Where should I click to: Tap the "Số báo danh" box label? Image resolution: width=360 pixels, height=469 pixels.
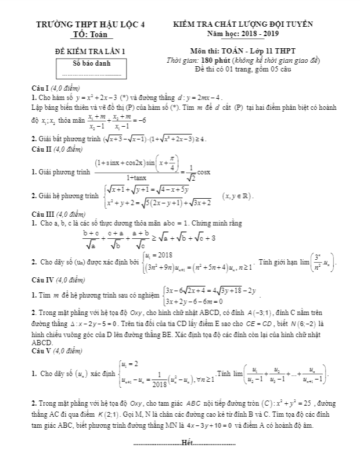(x=91, y=63)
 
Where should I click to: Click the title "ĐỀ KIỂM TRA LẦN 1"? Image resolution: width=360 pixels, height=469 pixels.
(x=89, y=52)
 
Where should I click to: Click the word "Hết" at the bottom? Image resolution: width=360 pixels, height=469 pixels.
(x=186, y=443)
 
